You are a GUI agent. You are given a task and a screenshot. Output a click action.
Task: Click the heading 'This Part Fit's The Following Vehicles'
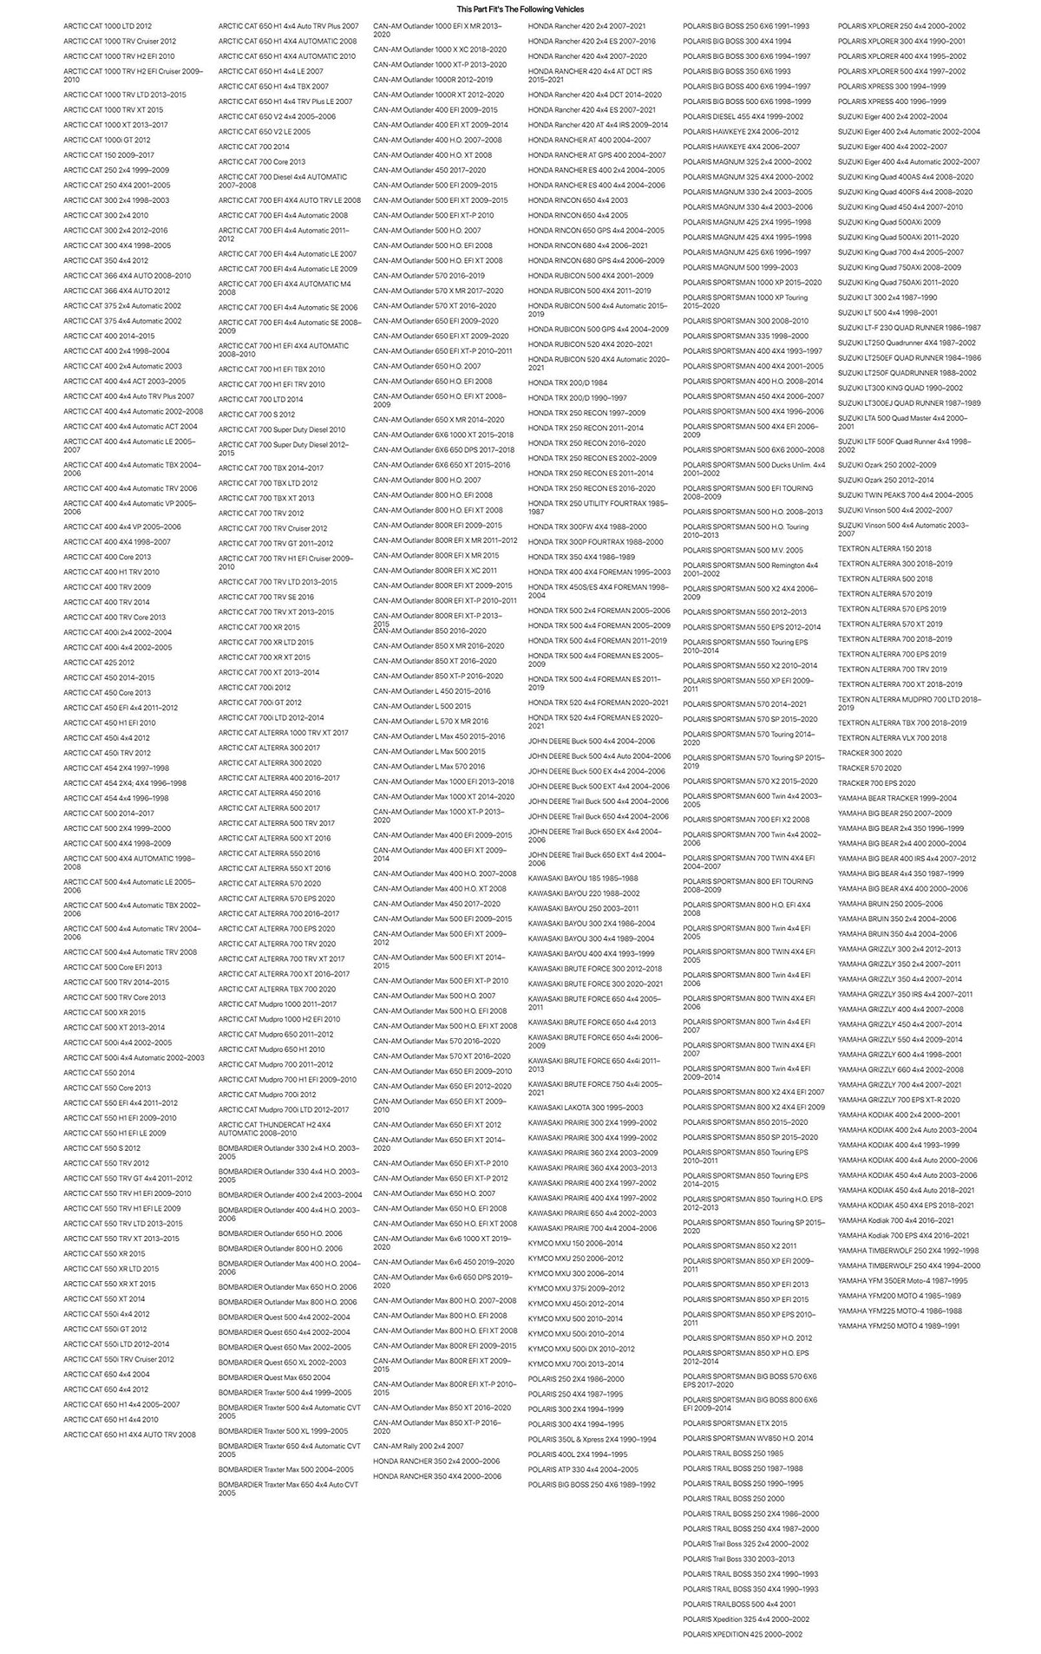point(520,9)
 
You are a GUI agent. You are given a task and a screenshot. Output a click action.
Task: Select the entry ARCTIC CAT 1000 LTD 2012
point(107,26)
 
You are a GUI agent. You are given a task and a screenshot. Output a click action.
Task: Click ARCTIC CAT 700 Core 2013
point(262,162)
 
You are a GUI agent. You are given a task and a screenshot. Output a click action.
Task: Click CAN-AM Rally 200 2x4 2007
point(418,1446)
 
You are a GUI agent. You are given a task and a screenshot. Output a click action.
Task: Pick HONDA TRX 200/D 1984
point(567,382)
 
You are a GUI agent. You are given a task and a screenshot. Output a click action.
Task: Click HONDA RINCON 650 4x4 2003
point(578,200)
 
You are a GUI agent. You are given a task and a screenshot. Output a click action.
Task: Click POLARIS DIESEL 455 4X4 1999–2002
point(743,116)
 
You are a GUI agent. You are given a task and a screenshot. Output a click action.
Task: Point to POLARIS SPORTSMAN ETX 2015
point(735,1423)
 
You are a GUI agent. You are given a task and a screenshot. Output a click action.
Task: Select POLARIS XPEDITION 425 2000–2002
point(743,1634)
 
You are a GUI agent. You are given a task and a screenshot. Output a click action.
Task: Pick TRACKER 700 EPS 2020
point(876,783)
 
